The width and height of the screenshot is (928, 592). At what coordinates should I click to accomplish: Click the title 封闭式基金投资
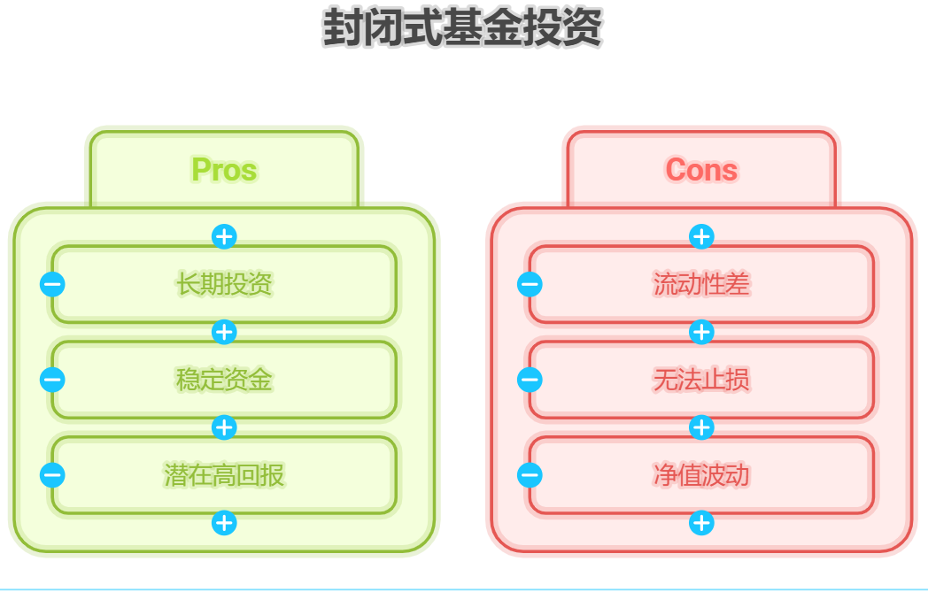(462, 28)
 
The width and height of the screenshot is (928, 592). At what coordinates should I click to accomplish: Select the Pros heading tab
(224, 169)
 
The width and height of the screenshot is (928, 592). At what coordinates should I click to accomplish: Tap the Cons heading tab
(701, 169)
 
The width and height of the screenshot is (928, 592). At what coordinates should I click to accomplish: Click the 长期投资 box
(224, 284)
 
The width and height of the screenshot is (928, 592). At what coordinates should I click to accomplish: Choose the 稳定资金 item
(224, 380)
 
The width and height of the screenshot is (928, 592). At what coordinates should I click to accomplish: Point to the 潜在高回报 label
(224, 475)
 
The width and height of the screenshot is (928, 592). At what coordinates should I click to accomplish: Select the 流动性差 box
(701, 284)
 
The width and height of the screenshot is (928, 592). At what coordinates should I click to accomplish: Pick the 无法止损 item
(701, 380)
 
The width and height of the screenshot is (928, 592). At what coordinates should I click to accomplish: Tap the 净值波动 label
(701, 475)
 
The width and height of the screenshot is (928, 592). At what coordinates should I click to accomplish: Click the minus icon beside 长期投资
(52, 284)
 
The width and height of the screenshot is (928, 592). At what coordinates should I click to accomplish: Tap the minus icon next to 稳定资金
(52, 380)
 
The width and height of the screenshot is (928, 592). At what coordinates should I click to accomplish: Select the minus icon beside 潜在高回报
(52, 475)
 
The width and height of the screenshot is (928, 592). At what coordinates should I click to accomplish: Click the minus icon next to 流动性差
(530, 284)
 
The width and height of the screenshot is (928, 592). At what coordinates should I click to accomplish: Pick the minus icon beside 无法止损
(530, 380)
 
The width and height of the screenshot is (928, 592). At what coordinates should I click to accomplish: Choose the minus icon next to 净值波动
(530, 475)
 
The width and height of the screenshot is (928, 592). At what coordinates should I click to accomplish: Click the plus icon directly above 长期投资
(224, 236)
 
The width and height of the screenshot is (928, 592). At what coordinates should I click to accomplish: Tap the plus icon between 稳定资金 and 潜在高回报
(224, 427)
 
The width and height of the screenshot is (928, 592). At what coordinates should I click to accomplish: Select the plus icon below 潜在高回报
(224, 523)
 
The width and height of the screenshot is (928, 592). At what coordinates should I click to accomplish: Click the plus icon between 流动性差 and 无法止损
(701, 332)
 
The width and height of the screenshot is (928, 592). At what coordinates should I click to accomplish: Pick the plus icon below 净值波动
(701, 523)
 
